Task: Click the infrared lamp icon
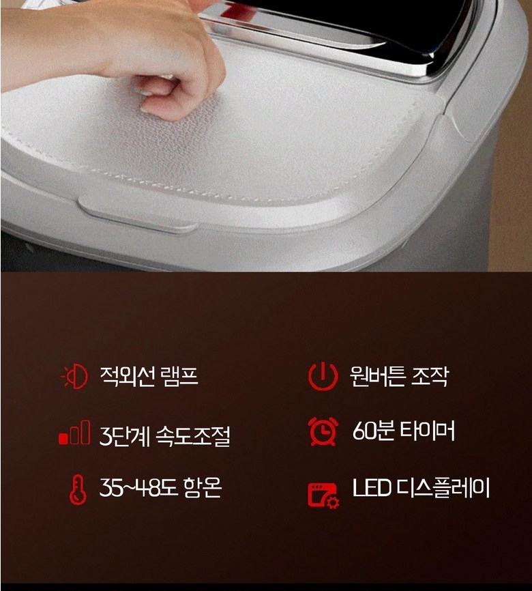coord(74,376)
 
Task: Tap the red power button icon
coord(323,376)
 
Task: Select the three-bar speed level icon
coord(74,433)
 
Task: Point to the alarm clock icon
coord(323,431)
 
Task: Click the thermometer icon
coord(78,489)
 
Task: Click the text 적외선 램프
coord(149,376)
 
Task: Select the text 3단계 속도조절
coord(164,435)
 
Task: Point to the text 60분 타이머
coord(404,431)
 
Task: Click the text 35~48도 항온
coord(160,487)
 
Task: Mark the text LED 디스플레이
coord(421,488)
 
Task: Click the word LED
coord(371,488)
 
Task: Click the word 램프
coord(179,376)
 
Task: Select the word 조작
coord(430,376)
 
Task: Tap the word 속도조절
coord(192,435)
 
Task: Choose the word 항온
coord(203,487)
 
